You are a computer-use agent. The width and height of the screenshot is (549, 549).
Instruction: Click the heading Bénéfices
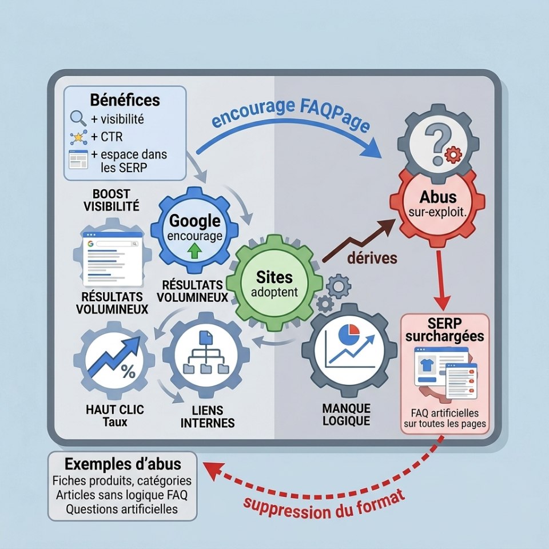[x=125, y=100]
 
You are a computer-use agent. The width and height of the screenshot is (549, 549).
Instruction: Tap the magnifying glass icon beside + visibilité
[x=78, y=118]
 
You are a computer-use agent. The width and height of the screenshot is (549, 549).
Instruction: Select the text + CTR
[x=107, y=137]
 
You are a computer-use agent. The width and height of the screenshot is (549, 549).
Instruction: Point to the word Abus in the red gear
[x=437, y=197]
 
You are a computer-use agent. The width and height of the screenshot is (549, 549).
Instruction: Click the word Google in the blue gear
[x=194, y=221]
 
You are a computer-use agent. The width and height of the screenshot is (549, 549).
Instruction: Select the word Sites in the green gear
[x=274, y=277]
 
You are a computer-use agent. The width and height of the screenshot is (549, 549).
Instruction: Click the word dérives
[x=372, y=258]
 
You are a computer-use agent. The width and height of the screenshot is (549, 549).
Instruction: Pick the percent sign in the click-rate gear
[x=128, y=371]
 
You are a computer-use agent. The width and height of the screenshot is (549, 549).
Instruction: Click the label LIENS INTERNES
[x=208, y=417]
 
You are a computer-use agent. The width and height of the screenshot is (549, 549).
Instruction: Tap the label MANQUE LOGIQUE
[x=347, y=415]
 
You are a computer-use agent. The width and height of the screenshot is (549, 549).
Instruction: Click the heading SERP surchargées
[x=445, y=329]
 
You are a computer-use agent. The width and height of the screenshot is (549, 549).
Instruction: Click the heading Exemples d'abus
[x=123, y=464]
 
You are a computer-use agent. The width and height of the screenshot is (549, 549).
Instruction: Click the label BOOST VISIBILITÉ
[x=112, y=200]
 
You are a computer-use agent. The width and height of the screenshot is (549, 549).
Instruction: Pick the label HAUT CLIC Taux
[x=115, y=416]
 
